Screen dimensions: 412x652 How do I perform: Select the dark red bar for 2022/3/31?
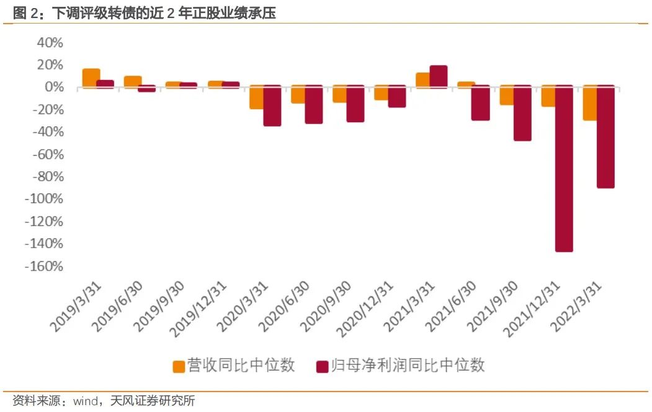pos(605,137)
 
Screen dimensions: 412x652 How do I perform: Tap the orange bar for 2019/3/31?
pos(91,78)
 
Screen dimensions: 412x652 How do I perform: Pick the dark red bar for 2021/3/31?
pos(439,76)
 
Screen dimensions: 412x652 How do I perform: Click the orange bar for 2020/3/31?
pos(256,98)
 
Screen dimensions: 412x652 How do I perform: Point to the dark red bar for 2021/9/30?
pos(522,114)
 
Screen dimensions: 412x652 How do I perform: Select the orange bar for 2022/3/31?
pos(589,103)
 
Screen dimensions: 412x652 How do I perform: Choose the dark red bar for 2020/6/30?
pos(313,105)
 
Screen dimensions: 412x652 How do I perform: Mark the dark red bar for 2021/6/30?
pos(480,103)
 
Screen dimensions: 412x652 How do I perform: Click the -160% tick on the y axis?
pos(44,266)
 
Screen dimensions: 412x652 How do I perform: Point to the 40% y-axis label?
pos(50,43)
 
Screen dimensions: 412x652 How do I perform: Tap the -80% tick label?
pos(47,177)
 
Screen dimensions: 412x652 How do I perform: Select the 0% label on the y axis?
pos(53,87)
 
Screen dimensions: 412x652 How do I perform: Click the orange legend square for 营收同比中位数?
pos(179,366)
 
